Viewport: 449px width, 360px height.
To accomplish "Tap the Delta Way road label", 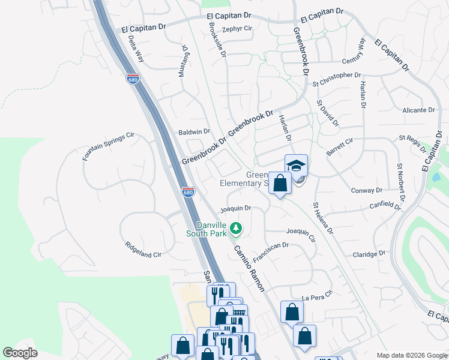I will pyautogui.click(x=136, y=49).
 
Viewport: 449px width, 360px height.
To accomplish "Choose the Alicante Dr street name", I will pyautogui.click(x=418, y=110).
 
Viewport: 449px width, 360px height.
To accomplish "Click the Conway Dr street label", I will pyautogui.click(x=367, y=190).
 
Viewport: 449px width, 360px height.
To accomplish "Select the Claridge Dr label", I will pyautogui.click(x=369, y=254).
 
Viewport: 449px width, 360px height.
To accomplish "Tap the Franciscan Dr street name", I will pyautogui.click(x=271, y=253).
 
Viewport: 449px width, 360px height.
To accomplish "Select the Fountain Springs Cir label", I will pyautogui.click(x=108, y=148).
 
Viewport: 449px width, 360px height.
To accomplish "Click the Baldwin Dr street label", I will pyautogui.click(x=194, y=131).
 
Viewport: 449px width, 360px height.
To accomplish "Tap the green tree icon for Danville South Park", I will pyautogui.click(x=237, y=227).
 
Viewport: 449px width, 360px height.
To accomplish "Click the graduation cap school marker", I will pyautogui.click(x=296, y=166).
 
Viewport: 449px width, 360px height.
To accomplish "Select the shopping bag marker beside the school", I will pyautogui.click(x=280, y=182).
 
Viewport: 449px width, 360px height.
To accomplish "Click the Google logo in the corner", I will pyautogui.click(x=20, y=353).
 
